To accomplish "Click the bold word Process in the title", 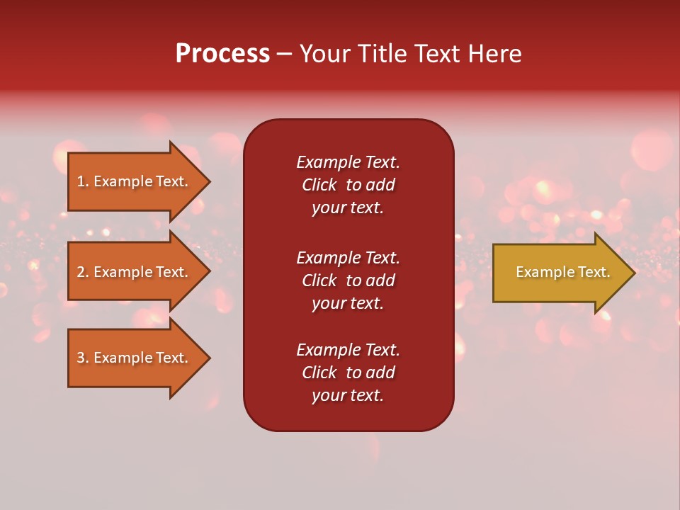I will coord(222,54).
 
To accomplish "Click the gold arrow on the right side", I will coord(560,273).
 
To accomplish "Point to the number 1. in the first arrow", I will coord(83,181).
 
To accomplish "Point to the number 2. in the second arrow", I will coord(83,272).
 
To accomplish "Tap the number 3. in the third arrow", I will coord(83,358).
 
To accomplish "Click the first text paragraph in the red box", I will coord(348,185).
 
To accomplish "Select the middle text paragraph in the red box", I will coord(348,280).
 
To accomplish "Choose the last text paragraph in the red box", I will coord(348,373).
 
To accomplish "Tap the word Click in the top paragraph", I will coord(319,185).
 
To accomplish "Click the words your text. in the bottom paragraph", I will coord(348,395).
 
